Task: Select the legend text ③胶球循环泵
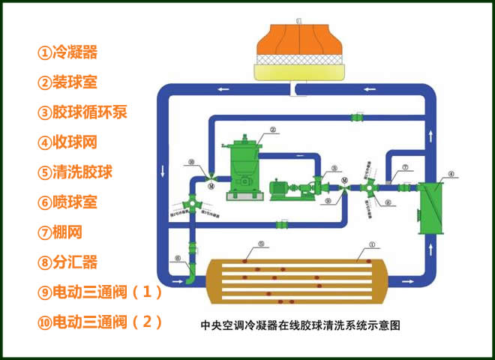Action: [x=82, y=112]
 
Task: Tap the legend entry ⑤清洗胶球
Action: [x=75, y=172]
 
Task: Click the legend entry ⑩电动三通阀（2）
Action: [x=100, y=322]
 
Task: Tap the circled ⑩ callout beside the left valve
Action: [x=193, y=161]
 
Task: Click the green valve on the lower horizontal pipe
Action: [x=283, y=223]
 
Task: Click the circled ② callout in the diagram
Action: [x=273, y=129]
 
